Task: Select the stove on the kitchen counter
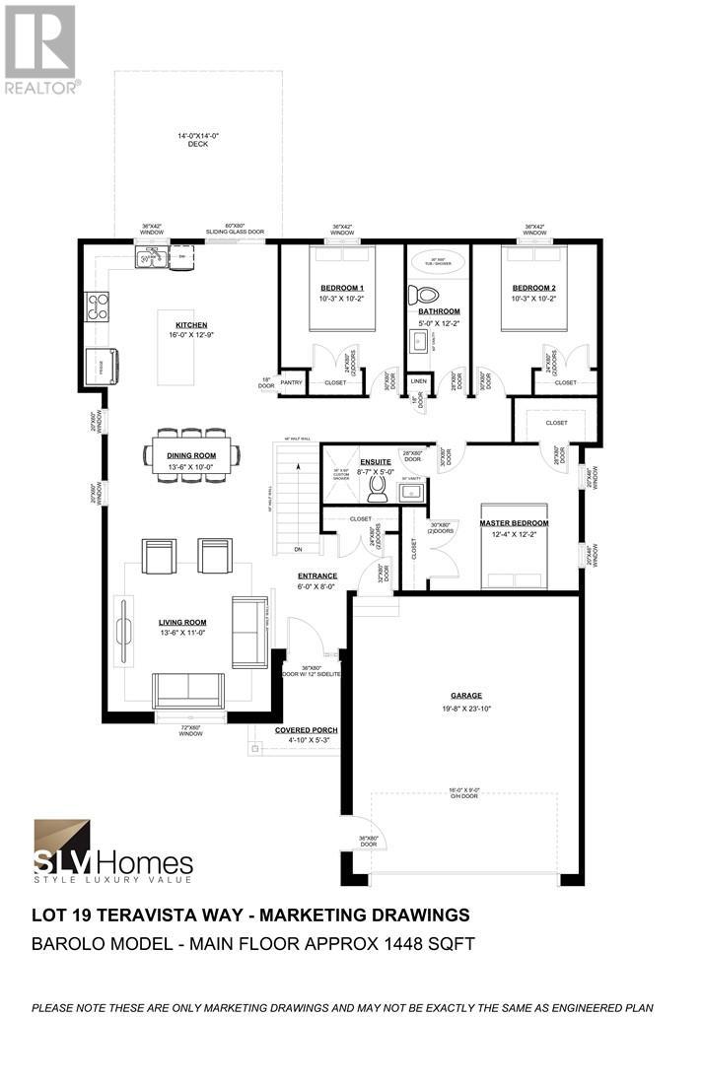(x=98, y=306)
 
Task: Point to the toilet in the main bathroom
(x=428, y=294)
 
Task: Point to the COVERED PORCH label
(x=306, y=730)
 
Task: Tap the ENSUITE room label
(x=376, y=461)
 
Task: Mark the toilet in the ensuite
(x=375, y=488)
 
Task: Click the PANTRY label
(x=292, y=381)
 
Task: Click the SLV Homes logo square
(x=62, y=840)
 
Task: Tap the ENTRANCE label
(x=317, y=576)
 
